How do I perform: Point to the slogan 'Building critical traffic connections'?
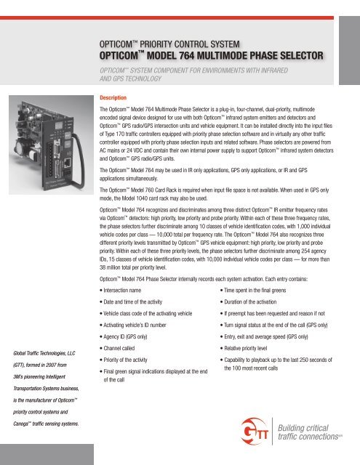pyautogui.click(x=314, y=434)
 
